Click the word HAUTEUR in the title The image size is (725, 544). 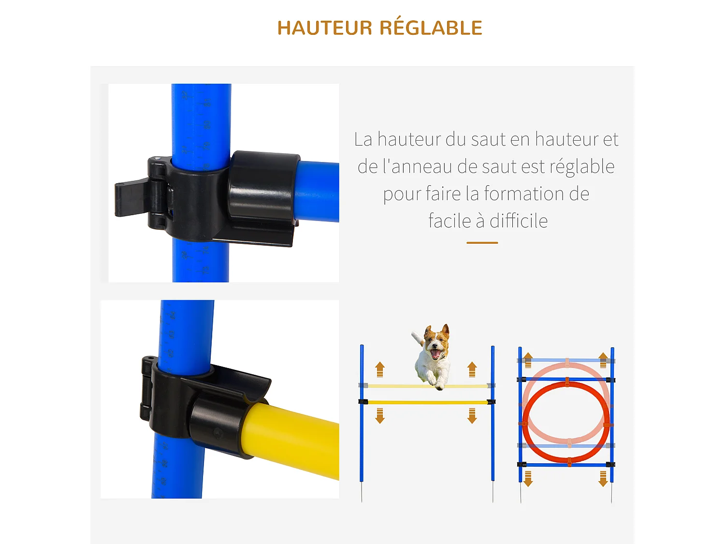pos(324,28)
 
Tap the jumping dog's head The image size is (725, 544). pos(435,341)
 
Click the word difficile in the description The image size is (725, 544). pos(519,221)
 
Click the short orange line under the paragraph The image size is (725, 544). pos(482,243)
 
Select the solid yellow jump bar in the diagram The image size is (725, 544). pos(428,402)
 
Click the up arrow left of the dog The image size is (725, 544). pos(380,369)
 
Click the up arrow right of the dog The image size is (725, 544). pos(472,369)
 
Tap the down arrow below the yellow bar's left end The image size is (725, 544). pos(380,415)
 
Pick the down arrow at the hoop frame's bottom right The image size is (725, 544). pos(603,478)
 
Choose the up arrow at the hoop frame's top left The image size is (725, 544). pos(528,360)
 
